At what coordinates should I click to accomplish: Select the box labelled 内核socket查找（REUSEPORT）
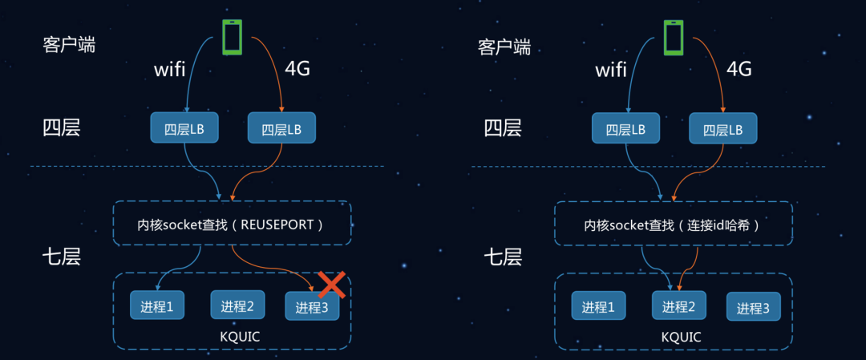click(232, 224)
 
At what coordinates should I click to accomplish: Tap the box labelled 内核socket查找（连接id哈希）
click(673, 224)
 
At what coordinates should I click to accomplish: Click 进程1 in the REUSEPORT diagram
click(157, 305)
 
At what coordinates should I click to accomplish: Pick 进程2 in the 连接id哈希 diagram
click(678, 306)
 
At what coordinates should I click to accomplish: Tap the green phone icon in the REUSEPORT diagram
click(232, 36)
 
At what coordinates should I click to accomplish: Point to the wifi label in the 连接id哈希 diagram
click(610, 70)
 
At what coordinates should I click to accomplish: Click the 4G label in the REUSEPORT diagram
click(297, 69)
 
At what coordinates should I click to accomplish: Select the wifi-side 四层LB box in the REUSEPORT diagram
click(184, 128)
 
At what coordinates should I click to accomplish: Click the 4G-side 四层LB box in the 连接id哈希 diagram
click(722, 129)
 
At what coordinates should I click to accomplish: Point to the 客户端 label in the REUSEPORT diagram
click(69, 45)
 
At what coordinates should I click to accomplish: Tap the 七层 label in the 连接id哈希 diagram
click(503, 257)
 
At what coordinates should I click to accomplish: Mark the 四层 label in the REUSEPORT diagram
click(61, 127)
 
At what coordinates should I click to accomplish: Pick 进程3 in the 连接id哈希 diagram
click(753, 308)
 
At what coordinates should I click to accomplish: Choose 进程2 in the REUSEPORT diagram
click(237, 305)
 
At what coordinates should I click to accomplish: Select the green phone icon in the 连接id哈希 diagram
click(673, 37)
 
